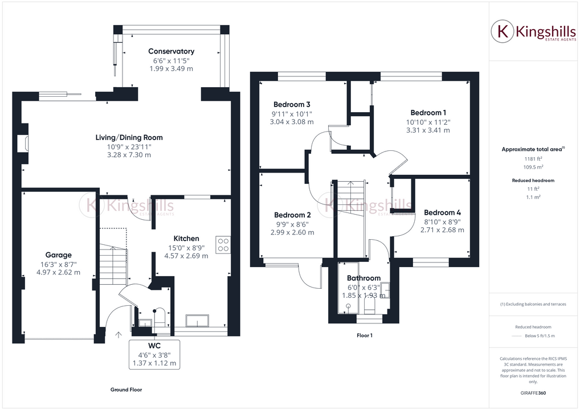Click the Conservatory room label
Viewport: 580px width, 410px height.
coord(171,51)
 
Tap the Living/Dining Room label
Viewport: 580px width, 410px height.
coord(129,137)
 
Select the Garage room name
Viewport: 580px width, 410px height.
coord(59,255)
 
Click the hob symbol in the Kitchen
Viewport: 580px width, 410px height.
coord(223,244)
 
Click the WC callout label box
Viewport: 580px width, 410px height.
coord(154,354)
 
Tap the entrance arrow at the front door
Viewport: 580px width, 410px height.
coord(119,335)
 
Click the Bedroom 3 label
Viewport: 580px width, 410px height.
coord(292,105)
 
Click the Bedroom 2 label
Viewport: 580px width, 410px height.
coord(292,215)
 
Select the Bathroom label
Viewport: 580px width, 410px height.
coord(363,278)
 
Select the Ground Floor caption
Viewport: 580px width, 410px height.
coord(126,390)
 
